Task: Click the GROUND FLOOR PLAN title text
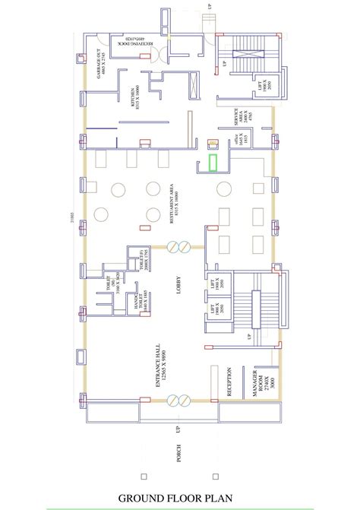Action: (180, 498)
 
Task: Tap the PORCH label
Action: (179, 452)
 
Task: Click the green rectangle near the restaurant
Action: (214, 164)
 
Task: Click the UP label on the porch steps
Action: (179, 430)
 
